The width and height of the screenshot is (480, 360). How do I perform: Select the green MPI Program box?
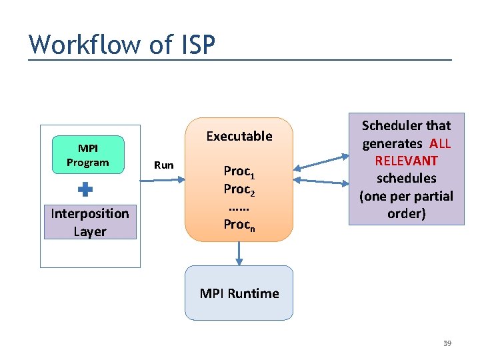88,155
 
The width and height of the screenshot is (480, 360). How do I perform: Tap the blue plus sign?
85,190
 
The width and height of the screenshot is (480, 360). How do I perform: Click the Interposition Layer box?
90,222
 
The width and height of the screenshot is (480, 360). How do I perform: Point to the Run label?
163,165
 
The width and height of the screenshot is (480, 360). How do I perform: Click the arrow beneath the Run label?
165,178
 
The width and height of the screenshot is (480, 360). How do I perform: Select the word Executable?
239,136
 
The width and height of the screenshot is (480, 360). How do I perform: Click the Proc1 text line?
239,173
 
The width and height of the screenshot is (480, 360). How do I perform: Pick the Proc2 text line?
239,191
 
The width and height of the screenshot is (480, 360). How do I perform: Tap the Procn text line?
239,225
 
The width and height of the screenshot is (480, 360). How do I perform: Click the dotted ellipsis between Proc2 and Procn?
239,207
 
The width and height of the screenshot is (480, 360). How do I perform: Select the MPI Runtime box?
239,293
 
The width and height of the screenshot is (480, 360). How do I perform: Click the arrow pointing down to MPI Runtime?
239,253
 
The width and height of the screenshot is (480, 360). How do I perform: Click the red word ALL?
440,143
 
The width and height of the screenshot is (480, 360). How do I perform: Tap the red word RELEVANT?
406,161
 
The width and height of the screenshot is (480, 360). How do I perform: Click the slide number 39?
447,343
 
